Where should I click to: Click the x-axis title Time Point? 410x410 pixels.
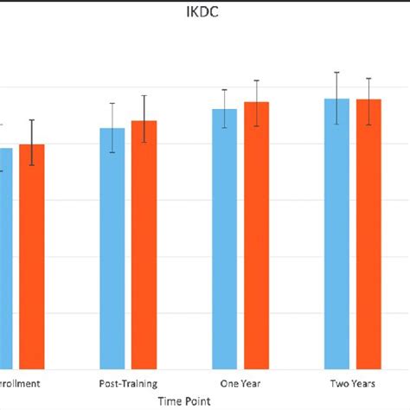[183, 400]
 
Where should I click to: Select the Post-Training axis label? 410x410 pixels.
[128, 381]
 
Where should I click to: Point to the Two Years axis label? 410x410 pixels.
[353, 381]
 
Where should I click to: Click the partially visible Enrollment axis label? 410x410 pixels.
[17, 381]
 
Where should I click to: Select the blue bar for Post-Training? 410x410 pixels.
[112, 251]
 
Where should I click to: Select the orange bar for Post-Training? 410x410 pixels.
[144, 247]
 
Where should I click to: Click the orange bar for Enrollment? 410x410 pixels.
[32, 259]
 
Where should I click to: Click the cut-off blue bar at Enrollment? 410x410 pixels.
[6, 259]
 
